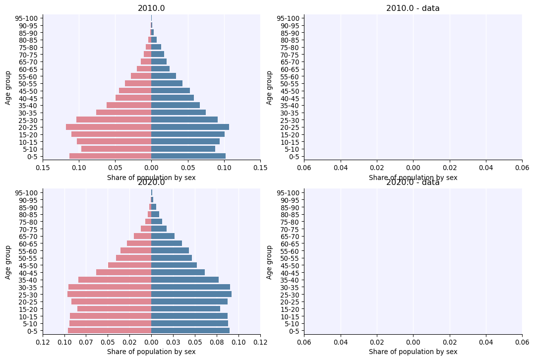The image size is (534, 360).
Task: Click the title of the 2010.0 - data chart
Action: click(413, 8)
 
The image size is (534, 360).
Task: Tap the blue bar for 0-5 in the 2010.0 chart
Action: click(188, 156)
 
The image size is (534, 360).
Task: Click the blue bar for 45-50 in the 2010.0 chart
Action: click(171, 91)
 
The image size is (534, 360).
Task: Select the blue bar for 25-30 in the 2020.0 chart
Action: click(191, 295)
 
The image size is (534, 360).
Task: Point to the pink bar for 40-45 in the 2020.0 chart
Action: click(123, 272)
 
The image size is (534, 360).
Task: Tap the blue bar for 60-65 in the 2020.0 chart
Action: click(167, 243)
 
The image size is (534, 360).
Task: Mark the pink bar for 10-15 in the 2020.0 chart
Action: click(111, 316)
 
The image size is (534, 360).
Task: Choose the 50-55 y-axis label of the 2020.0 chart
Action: click(30, 258)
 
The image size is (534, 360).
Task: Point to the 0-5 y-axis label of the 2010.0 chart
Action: click(33, 157)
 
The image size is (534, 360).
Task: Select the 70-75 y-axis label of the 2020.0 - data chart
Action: click(291, 229)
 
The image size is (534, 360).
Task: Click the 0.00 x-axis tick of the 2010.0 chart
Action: click(151, 168)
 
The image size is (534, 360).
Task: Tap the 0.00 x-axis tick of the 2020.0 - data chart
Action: click(413, 343)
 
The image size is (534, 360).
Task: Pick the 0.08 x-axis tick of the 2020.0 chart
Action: click(217, 343)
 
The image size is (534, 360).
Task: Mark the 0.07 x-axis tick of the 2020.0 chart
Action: click(86, 343)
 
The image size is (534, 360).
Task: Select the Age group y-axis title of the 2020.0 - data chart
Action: click(269, 262)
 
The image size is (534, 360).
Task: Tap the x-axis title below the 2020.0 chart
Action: click(151, 352)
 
